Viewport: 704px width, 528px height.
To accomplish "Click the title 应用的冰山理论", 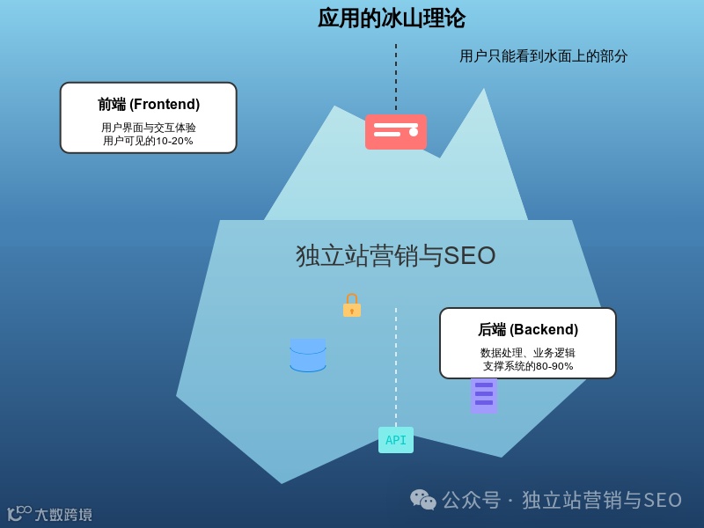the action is tap(392, 18).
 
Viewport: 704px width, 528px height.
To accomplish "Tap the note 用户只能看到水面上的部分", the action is tap(543, 56).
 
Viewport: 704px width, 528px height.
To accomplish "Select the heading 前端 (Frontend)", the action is tap(149, 104).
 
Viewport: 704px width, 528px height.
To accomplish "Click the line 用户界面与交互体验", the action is tap(148, 128).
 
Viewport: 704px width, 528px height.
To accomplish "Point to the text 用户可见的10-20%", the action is tap(148, 141).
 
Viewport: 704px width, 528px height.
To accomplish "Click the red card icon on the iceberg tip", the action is tap(395, 132).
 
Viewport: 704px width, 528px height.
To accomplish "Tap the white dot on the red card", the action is tap(414, 132).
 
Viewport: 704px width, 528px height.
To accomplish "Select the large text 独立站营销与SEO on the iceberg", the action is tap(396, 256).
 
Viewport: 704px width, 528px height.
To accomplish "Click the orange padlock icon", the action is tap(352, 305).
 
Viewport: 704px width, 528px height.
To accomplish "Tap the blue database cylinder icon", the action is tap(308, 356).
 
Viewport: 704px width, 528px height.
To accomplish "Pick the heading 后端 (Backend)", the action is tap(528, 330).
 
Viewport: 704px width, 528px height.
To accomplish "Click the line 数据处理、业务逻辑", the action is tap(528, 353).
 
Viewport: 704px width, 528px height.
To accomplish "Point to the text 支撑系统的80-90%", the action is tap(528, 366).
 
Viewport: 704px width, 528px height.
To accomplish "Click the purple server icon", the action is tap(484, 396).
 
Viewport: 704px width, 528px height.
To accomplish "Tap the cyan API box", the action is tap(396, 440).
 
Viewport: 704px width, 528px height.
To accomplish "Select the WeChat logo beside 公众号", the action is tap(422, 500).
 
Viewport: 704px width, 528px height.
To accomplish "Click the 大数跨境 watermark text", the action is tap(62, 515).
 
